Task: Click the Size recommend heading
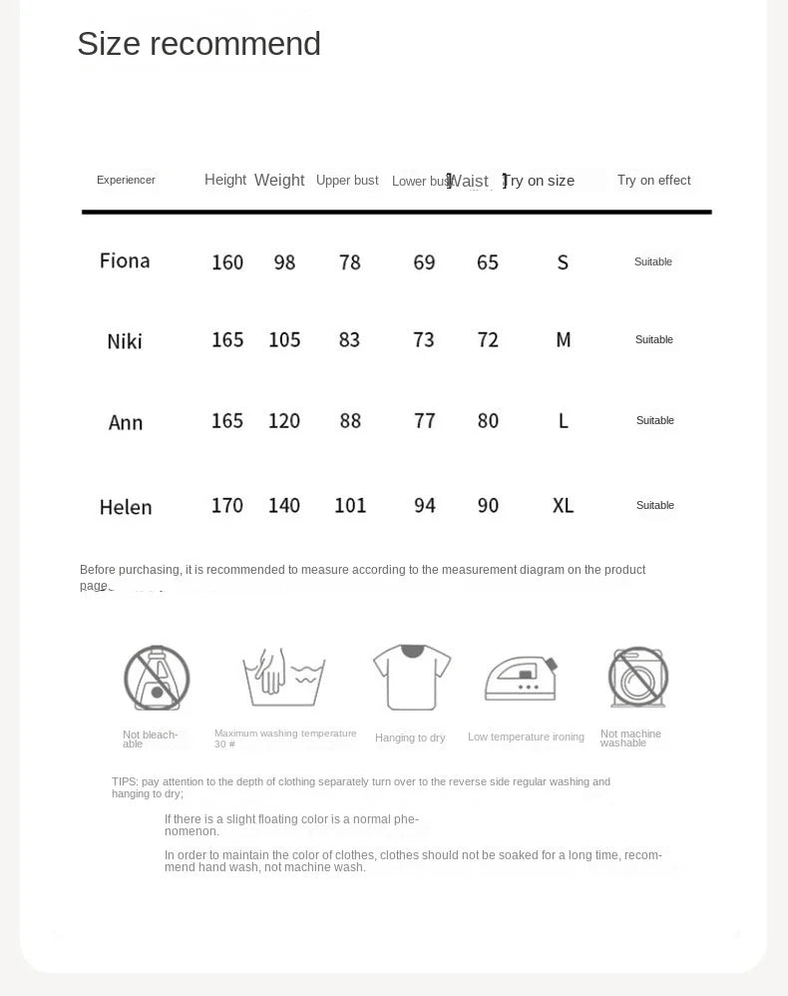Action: pyautogui.click(x=198, y=44)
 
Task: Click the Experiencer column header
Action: pyautogui.click(x=126, y=181)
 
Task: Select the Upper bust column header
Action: pyautogui.click(x=347, y=181)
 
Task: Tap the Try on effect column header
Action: pyautogui.click(x=653, y=181)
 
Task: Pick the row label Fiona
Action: pyautogui.click(x=125, y=261)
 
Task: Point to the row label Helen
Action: pyautogui.click(x=126, y=507)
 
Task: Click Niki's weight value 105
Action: pyautogui.click(x=284, y=340)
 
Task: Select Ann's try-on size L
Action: pyautogui.click(x=564, y=421)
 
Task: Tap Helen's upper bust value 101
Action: pyautogui.click(x=350, y=506)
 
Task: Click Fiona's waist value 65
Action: pyautogui.click(x=488, y=262)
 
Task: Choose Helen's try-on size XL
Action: pyautogui.click(x=564, y=506)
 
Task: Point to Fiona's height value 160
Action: pyautogui.click(x=227, y=262)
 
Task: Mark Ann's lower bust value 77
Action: pyautogui.click(x=425, y=421)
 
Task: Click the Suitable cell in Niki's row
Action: pyautogui.click(x=654, y=340)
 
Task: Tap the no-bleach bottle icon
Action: pyautogui.click(x=157, y=678)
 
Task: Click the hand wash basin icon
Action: pyautogui.click(x=284, y=678)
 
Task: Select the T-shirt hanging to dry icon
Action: pyautogui.click(x=411, y=677)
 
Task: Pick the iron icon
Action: pyautogui.click(x=521, y=679)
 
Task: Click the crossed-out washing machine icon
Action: pyautogui.click(x=638, y=678)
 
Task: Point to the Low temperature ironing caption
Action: pyautogui.click(x=526, y=738)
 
